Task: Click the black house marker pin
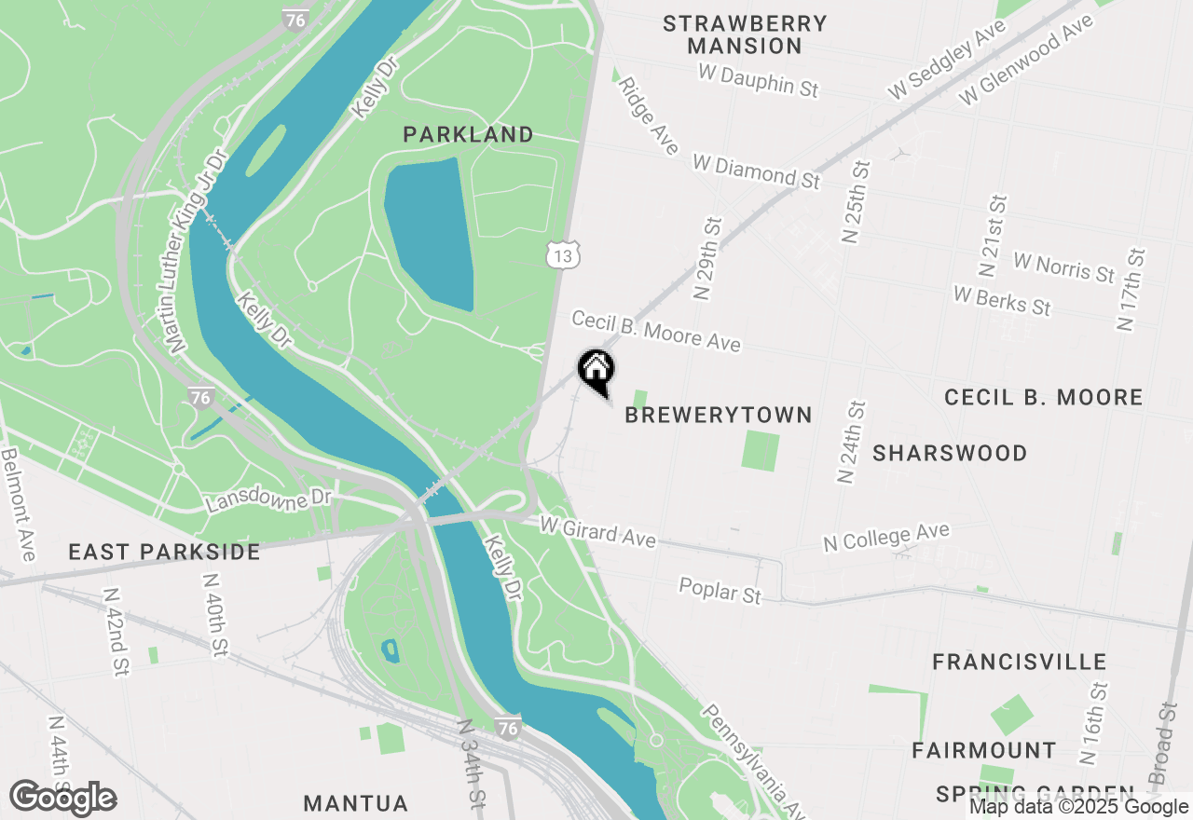click(x=596, y=371)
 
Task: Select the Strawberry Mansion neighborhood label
click(x=745, y=34)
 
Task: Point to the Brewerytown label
click(x=718, y=416)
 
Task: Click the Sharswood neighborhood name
click(x=950, y=454)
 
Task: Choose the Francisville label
click(x=1020, y=663)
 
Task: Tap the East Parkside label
click(x=164, y=553)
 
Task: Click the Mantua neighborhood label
click(x=356, y=803)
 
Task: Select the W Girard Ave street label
click(x=597, y=533)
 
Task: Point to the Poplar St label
click(x=720, y=591)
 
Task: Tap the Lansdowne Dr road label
click(x=268, y=500)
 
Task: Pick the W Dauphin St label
click(x=758, y=80)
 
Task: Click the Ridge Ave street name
click(x=648, y=116)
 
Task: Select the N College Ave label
click(x=885, y=537)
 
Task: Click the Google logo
click(x=63, y=799)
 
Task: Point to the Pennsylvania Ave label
click(x=753, y=757)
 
